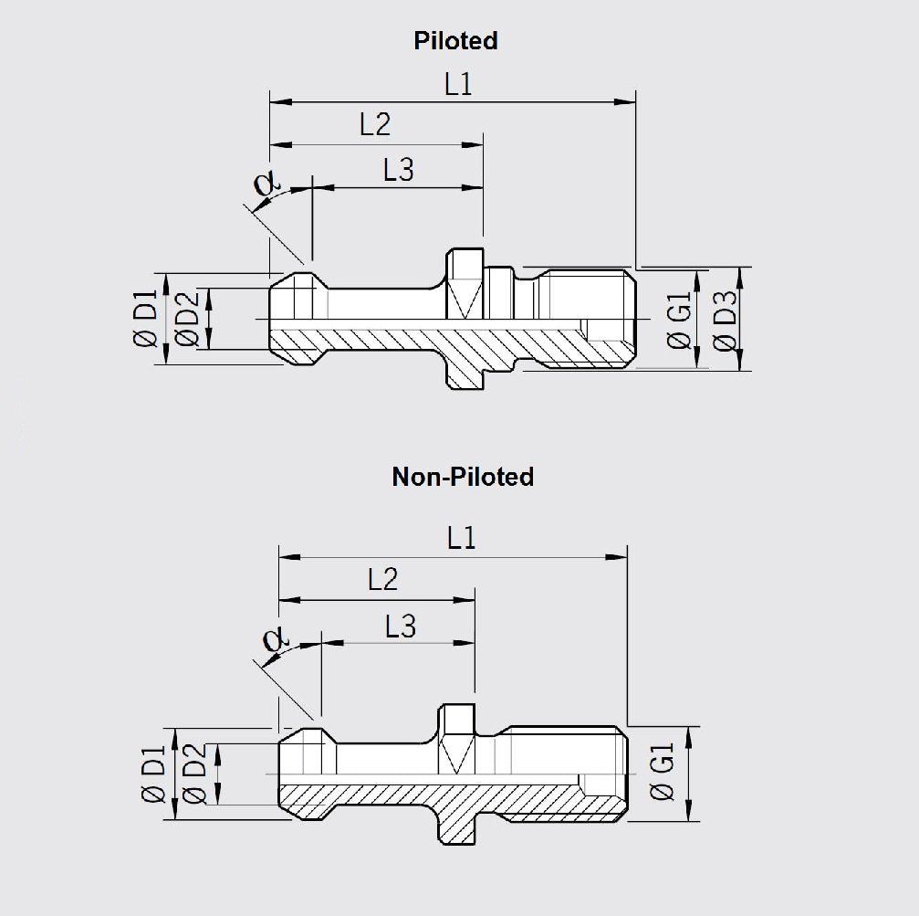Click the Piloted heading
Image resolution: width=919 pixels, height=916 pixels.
tap(455, 40)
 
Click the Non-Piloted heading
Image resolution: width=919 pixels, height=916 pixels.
tap(463, 476)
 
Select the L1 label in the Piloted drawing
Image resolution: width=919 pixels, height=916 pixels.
tap(458, 85)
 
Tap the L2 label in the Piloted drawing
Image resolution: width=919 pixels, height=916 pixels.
tap(375, 125)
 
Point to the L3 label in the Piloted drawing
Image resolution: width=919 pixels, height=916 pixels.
tap(398, 170)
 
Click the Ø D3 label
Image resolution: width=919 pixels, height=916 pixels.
tap(726, 321)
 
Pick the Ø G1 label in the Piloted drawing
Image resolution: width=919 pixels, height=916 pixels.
tap(680, 321)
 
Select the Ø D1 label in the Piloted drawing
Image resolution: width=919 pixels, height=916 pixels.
tap(145, 319)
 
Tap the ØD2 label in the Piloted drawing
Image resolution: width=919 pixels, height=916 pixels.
tap(188, 319)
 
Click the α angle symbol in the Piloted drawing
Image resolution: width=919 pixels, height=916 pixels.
tap(266, 184)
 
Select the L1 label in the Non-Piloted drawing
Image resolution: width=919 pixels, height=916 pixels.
tap(462, 539)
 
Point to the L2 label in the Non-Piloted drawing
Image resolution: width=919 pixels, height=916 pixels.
tap(382, 579)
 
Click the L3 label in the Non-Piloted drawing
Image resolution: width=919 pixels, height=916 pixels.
tap(401, 626)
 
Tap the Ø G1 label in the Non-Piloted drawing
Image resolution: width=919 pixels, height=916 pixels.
tap(663, 774)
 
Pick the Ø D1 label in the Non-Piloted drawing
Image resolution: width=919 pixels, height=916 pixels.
tap(152, 775)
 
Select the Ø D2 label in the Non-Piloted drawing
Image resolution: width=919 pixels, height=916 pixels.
tap(193, 775)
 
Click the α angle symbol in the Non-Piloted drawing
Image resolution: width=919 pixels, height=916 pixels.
tap(272, 639)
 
